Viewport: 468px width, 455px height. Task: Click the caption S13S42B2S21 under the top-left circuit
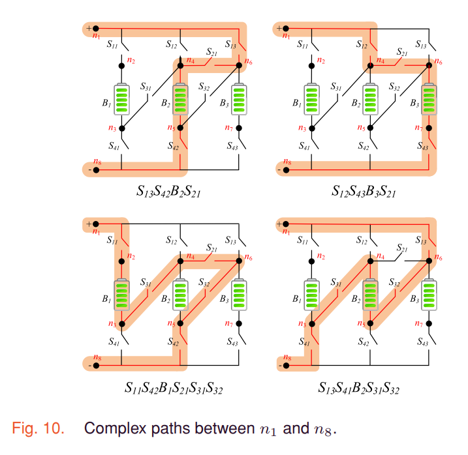pos(168,192)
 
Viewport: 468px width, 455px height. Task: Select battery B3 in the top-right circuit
pos(429,100)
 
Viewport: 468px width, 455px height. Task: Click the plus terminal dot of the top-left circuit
pos(95,29)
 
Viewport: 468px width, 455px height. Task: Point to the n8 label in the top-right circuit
pos(285,161)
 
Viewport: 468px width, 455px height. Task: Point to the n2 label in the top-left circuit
pos(132,61)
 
